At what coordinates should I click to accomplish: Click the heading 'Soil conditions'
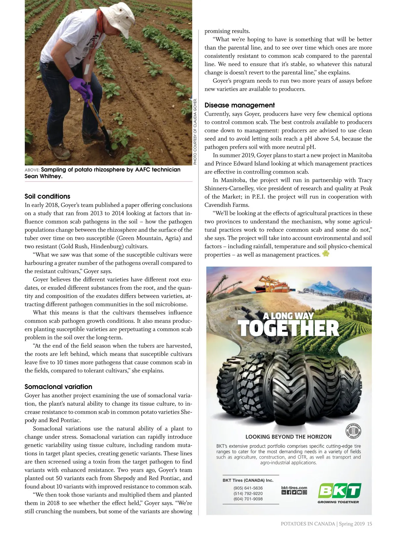(x=47, y=196)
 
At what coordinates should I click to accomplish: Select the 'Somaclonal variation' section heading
(x=58, y=387)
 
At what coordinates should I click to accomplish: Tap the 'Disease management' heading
(x=240, y=105)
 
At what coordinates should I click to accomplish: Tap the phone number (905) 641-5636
(x=248, y=488)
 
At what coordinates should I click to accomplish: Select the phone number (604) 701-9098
(x=248, y=499)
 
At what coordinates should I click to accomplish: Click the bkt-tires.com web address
(x=294, y=488)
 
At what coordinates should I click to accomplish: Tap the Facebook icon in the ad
(x=289, y=492)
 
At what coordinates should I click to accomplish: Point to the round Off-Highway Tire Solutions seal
(x=353, y=431)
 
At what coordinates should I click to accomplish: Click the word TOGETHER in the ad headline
(x=288, y=328)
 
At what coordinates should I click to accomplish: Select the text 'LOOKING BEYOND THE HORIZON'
(x=288, y=437)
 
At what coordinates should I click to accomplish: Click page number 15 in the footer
(x=370, y=524)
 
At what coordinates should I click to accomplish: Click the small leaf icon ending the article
(x=326, y=254)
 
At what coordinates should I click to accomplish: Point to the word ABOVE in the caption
(x=32, y=170)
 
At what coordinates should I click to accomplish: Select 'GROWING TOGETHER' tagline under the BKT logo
(x=338, y=502)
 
